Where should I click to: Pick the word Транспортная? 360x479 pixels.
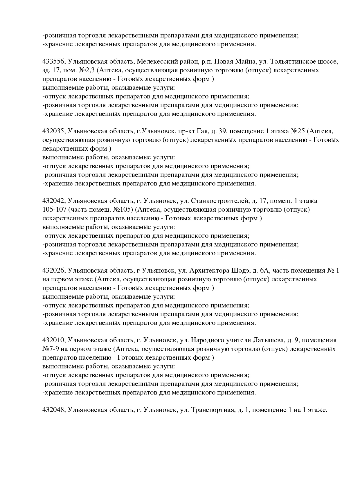pyautogui.click(x=213, y=410)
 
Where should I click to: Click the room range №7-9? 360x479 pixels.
pyautogui.click(x=51, y=349)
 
